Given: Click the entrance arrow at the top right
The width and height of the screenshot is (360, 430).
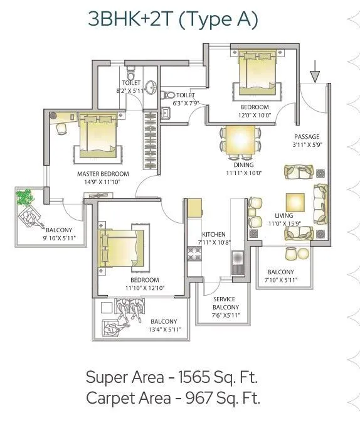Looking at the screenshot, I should [315, 75].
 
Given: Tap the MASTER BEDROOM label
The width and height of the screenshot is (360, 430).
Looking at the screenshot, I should [103, 174].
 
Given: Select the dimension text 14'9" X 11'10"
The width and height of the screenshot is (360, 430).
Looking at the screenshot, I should [102, 182].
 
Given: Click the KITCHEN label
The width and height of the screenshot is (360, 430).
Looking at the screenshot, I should [213, 234].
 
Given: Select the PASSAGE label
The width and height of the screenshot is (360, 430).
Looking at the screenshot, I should [307, 137].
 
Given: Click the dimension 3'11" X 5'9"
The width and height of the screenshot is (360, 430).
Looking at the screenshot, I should [307, 145].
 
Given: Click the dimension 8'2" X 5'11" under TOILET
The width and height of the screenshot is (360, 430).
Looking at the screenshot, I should [131, 91].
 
